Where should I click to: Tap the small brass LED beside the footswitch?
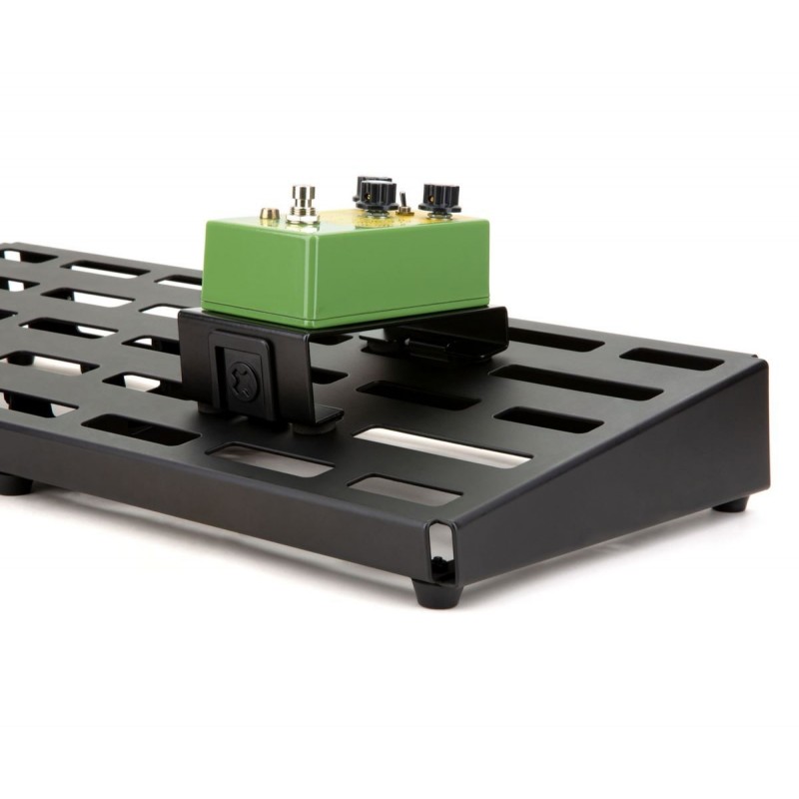point(269,214)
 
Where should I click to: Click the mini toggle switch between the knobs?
point(404,200)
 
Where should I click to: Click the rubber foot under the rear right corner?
point(731,503)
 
